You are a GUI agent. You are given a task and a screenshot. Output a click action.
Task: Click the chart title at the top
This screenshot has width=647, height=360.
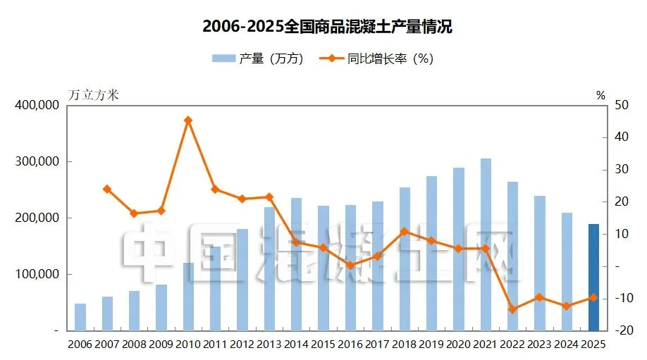point(327,27)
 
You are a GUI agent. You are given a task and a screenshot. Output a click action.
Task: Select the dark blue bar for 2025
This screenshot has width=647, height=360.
point(593,277)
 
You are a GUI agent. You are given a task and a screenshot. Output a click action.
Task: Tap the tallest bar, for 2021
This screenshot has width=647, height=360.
point(486,244)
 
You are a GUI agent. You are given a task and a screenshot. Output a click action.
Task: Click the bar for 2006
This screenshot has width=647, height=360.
point(80,317)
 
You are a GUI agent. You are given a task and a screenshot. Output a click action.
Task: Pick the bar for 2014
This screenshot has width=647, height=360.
point(296,264)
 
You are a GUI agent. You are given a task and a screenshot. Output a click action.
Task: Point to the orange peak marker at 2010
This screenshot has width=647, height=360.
point(188,120)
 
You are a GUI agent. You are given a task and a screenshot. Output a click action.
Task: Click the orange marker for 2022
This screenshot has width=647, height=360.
point(512,309)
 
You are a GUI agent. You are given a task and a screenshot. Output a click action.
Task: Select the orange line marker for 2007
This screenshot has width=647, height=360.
point(107,190)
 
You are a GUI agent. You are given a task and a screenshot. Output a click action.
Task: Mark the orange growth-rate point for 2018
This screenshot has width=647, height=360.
point(405,232)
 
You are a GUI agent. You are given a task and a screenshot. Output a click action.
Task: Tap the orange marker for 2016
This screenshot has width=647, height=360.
point(350,265)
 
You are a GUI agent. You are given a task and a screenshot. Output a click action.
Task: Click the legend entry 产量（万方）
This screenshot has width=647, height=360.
point(258,58)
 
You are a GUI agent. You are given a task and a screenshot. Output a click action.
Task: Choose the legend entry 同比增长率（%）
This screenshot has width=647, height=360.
point(376,58)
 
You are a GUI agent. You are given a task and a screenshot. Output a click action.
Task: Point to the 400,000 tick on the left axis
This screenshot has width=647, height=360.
point(37,105)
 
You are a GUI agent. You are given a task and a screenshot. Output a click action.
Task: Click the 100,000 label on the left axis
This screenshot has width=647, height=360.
point(37,274)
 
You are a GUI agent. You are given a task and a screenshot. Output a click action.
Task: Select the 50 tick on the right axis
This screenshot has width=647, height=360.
point(622,105)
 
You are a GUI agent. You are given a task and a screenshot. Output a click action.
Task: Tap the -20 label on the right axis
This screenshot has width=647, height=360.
point(624,330)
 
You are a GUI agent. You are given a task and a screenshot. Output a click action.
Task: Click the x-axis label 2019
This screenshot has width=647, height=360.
point(431,345)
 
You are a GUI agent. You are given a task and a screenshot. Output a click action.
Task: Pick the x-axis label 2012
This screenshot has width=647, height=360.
point(242,345)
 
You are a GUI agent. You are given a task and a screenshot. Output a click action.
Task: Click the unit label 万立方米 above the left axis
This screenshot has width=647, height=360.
point(93,95)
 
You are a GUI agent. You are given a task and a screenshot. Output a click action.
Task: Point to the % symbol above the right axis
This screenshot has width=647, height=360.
point(600,96)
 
